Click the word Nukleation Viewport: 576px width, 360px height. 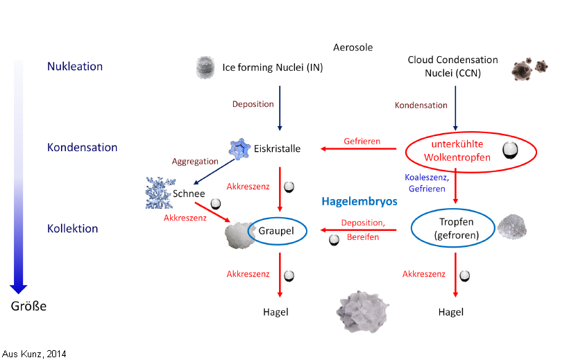(x=75, y=67)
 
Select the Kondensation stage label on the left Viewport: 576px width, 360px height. (x=82, y=147)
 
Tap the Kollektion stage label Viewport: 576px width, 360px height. (x=73, y=228)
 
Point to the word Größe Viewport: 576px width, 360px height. (x=28, y=305)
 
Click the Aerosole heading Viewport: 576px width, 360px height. (x=353, y=47)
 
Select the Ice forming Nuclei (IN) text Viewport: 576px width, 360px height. (x=272, y=67)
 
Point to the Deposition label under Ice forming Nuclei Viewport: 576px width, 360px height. (x=253, y=104)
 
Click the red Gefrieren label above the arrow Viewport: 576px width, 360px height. (x=362, y=141)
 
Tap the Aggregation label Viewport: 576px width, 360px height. (x=195, y=161)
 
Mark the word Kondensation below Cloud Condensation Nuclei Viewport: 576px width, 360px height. (x=421, y=105)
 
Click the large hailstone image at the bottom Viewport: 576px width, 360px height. (x=361, y=310)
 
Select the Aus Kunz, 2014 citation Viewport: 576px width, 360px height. (x=34, y=354)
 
